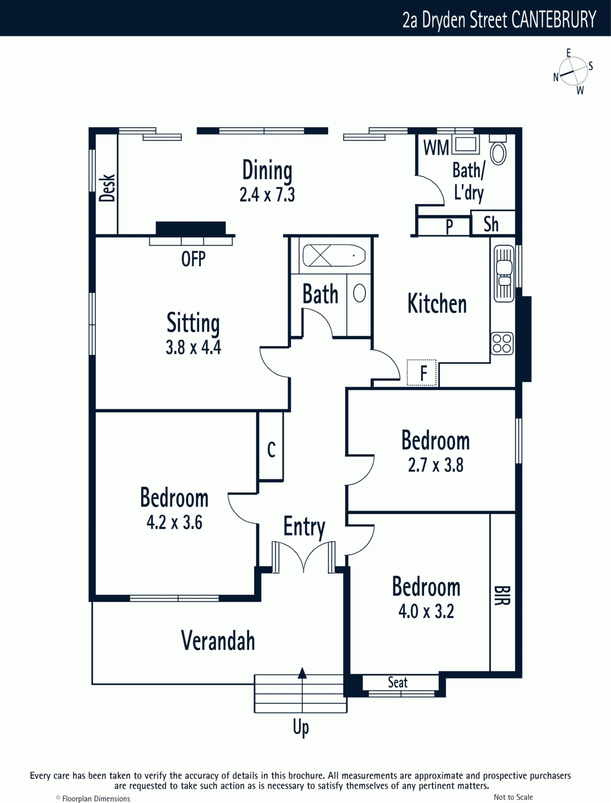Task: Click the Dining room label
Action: [267, 170]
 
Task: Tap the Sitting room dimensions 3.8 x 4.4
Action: [194, 347]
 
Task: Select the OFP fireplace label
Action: [193, 258]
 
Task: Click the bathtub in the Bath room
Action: [334, 255]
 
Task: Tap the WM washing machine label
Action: [436, 148]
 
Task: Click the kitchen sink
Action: [504, 274]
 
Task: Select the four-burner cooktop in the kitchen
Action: [502, 343]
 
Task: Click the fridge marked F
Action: [422, 372]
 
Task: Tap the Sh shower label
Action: [491, 224]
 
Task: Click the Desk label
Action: [107, 188]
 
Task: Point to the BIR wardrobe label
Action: [502, 595]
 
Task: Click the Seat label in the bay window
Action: [398, 682]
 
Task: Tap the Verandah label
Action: [218, 640]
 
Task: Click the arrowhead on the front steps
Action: [302, 673]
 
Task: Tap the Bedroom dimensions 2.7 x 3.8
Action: [436, 465]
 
